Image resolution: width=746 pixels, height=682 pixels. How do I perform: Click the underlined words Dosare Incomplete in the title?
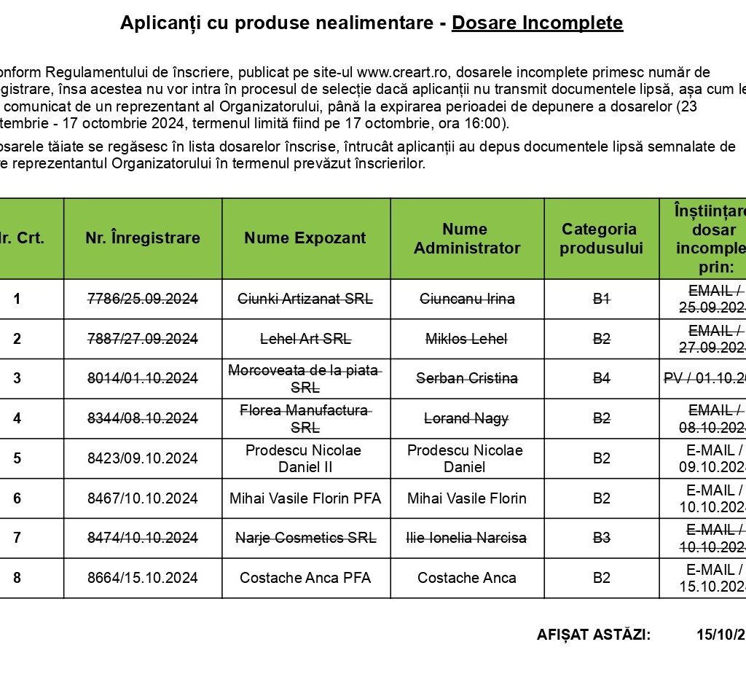537,23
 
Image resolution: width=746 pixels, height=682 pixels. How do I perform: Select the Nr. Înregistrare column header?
143,238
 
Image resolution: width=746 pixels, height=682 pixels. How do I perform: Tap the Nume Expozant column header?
305,238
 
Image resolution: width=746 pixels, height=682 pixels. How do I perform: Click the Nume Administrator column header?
467,238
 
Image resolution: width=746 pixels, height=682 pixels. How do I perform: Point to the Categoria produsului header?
602,238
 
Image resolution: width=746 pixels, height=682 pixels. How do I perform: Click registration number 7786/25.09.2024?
143,299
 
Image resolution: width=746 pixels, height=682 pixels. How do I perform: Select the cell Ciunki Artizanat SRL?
305,299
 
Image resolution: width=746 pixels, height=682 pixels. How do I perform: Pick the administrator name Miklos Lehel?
467,339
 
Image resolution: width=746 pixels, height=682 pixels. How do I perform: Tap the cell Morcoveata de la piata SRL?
305,378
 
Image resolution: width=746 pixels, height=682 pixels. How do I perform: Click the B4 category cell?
602,378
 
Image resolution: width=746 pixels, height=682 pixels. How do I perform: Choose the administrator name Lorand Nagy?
467,418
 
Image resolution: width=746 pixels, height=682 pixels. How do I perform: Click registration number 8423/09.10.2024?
143,458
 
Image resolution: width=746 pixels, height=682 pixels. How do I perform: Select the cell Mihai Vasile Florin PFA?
305,498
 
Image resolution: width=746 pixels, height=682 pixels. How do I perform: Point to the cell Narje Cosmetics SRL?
305,538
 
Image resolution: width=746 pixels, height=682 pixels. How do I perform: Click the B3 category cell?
602,538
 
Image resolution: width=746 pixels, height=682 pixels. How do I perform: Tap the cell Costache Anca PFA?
305,578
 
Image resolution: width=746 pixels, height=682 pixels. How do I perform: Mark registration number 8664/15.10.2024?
143,578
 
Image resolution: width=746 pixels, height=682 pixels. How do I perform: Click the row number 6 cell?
17,498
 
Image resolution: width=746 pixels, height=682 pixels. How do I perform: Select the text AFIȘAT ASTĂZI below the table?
593,635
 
